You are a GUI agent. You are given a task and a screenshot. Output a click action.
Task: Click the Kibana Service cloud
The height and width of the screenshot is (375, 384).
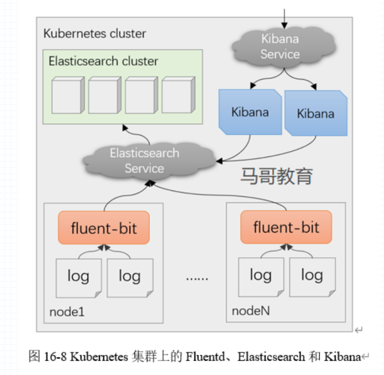280,46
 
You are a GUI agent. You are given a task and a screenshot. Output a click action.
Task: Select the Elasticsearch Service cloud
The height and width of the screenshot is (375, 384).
144,160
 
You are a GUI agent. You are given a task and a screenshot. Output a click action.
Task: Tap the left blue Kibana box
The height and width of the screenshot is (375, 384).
250,112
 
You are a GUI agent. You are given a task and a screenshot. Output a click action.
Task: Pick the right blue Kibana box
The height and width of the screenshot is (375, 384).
316,113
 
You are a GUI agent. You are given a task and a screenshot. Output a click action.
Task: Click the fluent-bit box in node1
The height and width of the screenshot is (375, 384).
104,228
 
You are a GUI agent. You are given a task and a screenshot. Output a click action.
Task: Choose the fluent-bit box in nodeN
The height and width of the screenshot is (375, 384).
286,227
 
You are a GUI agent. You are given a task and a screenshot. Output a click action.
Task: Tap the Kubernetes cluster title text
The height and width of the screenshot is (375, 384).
95,34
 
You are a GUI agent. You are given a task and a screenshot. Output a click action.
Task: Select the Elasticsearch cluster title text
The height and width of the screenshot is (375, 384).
103,61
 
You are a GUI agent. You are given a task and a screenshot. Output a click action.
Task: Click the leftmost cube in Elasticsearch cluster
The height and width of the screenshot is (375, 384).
67,95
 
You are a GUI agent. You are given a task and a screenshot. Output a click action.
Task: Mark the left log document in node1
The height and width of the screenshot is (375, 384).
78,277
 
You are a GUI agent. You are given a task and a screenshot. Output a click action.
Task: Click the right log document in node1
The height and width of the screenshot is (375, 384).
130,277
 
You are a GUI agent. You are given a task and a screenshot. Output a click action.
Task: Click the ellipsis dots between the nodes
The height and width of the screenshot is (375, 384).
197,278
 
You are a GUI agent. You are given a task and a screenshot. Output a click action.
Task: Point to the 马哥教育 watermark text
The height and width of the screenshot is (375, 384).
276,176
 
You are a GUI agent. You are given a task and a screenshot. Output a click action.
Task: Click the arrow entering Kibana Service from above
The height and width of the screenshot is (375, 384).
284,18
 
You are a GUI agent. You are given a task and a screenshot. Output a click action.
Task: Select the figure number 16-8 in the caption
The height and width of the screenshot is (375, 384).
55,357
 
